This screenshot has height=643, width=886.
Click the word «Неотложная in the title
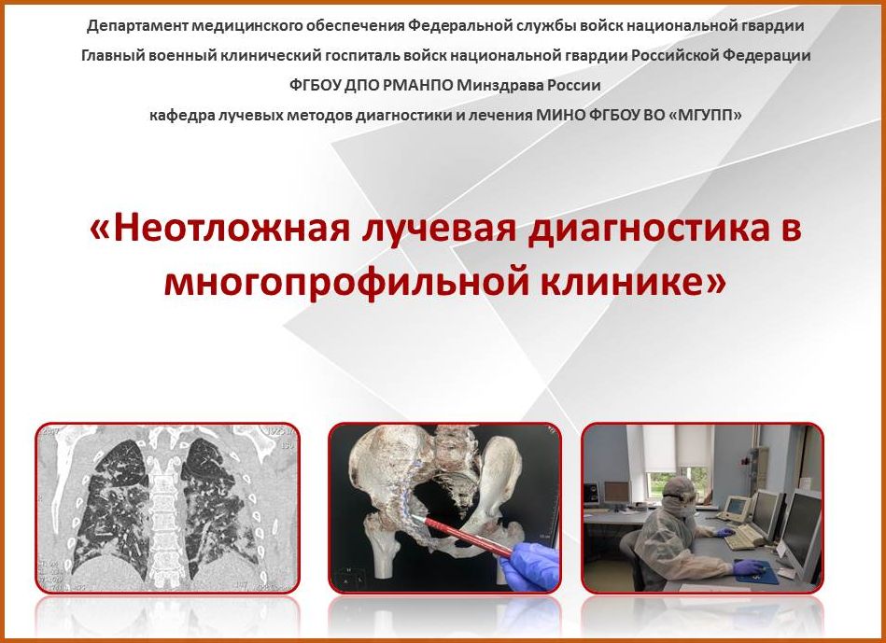click(218, 230)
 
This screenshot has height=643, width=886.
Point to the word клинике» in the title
click(633, 280)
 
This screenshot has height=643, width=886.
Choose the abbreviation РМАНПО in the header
click(417, 85)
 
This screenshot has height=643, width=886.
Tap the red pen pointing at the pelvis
click(464, 537)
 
